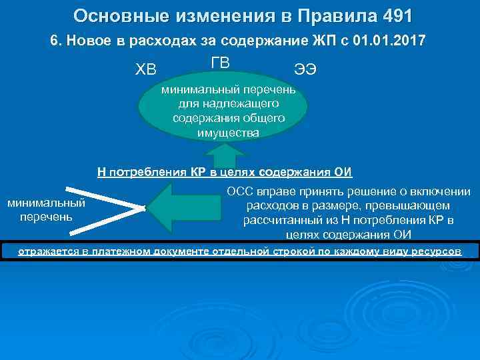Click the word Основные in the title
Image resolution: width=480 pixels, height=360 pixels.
coord(114,15)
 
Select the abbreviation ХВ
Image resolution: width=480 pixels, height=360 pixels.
coord(149,69)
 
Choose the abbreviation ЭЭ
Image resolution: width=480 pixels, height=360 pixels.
coord(305,69)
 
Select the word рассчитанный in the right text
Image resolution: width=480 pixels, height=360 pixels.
coord(281,220)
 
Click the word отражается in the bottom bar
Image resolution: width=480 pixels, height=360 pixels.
coord(46,251)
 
